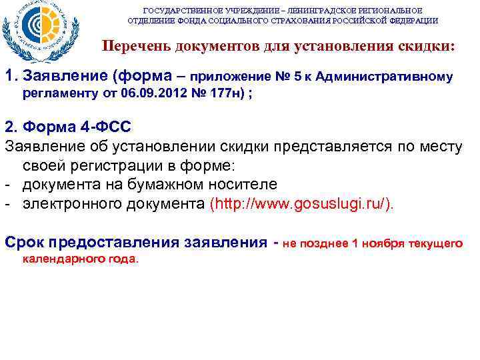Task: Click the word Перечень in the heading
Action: (x=131, y=47)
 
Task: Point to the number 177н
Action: (x=227, y=92)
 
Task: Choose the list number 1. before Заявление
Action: (x=11, y=77)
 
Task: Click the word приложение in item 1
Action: (x=235, y=77)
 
